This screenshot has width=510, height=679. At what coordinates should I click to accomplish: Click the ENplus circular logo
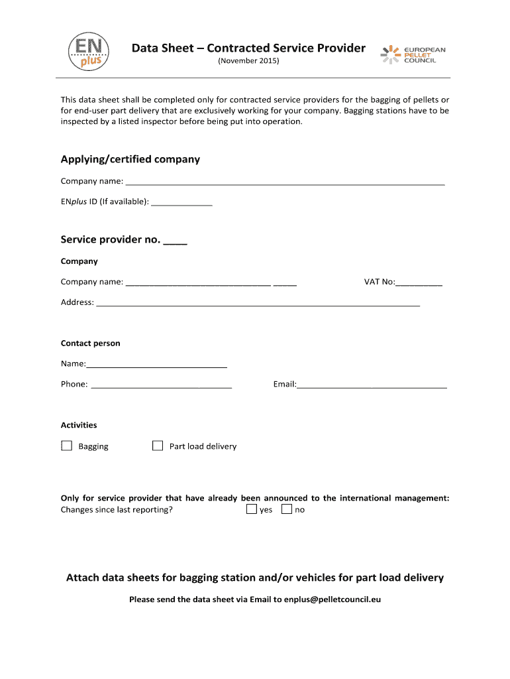[88, 51]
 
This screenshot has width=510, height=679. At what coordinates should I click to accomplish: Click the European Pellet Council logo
[413, 54]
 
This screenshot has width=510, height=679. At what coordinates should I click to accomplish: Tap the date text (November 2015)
[248, 61]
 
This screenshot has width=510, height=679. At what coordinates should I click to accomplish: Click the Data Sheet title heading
[248, 48]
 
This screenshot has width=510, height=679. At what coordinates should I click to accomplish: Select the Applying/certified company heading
[130, 159]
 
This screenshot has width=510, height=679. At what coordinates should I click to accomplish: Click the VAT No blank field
[419, 284]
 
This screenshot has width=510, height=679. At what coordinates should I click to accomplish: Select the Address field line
[258, 304]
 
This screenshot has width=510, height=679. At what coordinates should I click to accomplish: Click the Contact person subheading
[91, 343]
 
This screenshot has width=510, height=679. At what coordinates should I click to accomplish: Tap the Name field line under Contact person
[157, 365]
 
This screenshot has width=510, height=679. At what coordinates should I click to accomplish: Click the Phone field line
[161, 386]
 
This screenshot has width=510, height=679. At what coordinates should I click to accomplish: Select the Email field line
[372, 386]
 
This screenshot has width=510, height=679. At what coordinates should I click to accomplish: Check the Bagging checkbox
[66, 446]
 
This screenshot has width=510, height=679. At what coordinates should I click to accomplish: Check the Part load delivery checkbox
[158, 446]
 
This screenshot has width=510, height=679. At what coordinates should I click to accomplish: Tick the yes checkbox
[252, 509]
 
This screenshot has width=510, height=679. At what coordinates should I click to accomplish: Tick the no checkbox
[287, 509]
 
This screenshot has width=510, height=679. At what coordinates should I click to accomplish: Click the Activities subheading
[79, 425]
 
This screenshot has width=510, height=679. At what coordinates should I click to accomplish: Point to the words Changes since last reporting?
[117, 510]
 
